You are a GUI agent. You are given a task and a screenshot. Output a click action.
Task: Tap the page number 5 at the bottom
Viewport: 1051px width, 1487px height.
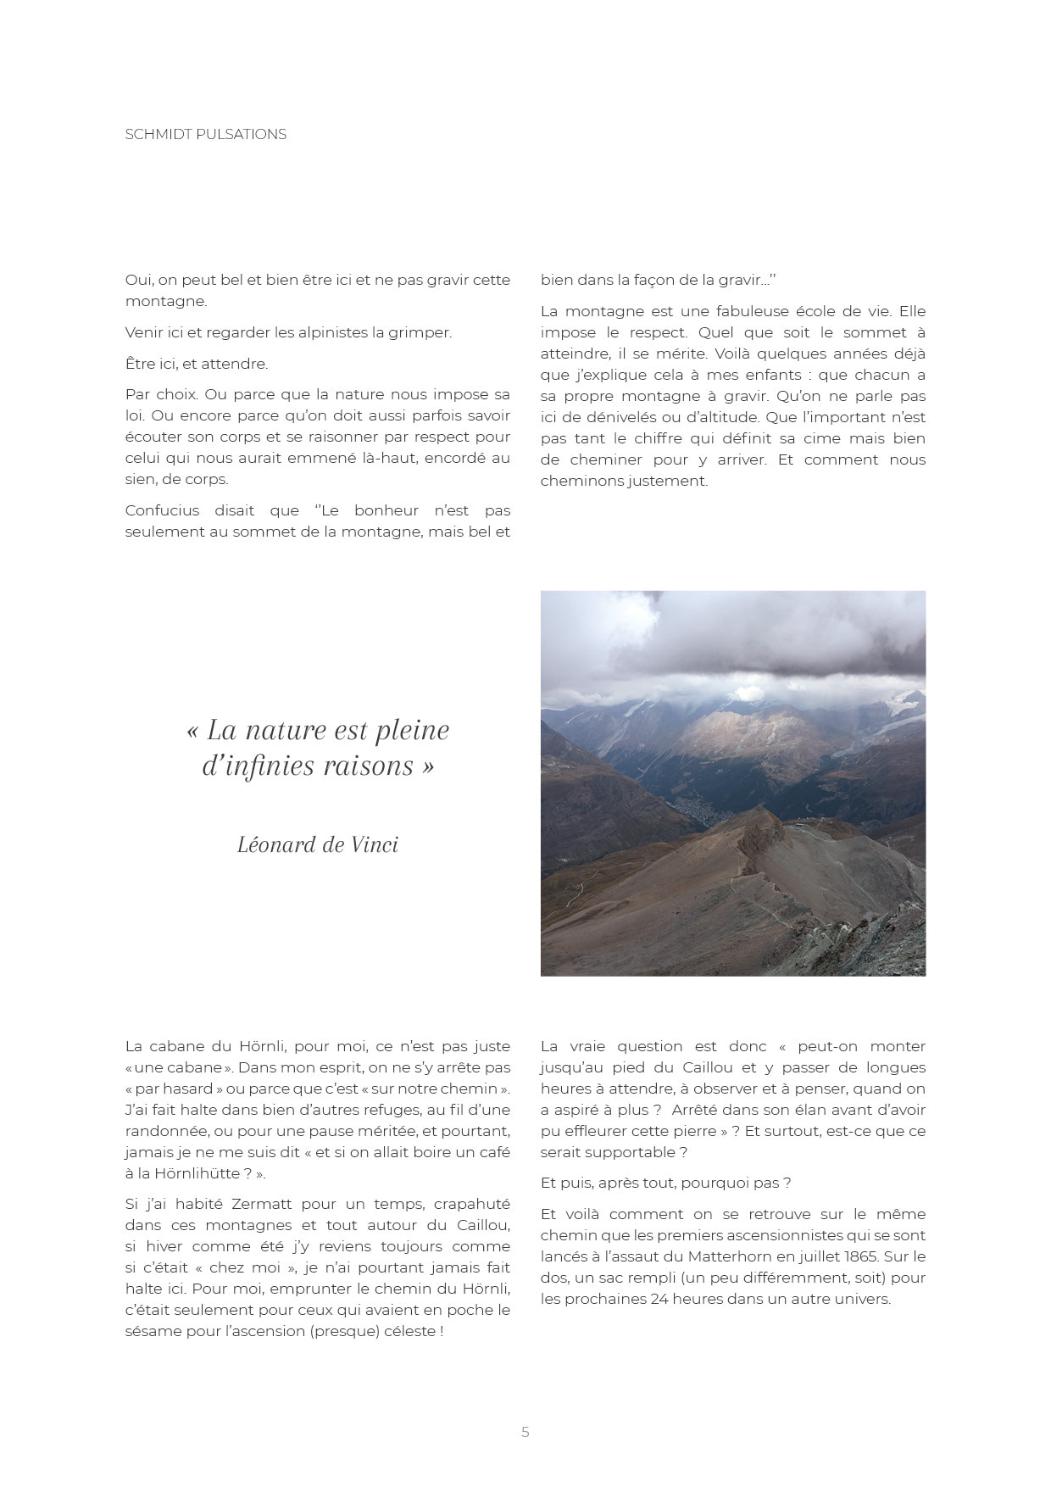pyautogui.click(x=525, y=1432)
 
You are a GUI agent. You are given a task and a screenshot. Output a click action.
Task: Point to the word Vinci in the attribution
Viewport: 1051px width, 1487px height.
pyautogui.click(x=372, y=844)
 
